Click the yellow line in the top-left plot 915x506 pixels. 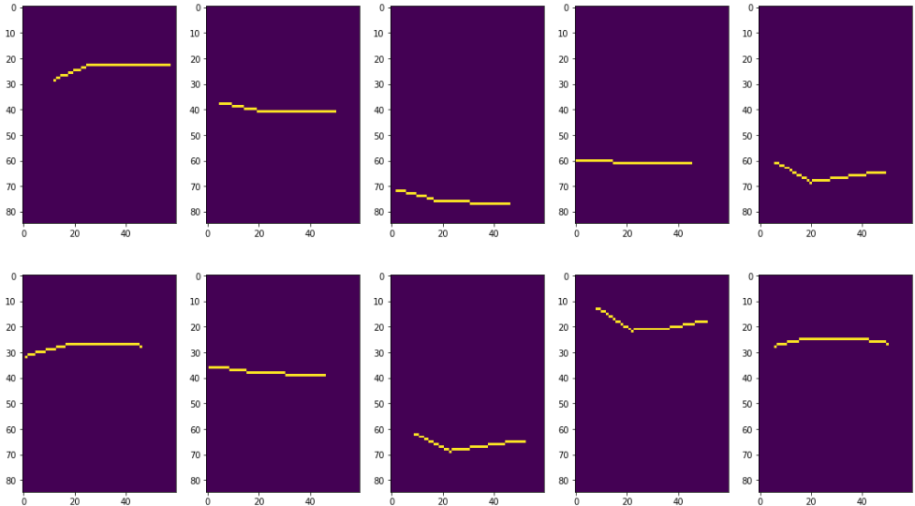point(131,65)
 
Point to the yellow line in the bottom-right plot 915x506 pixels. point(834,338)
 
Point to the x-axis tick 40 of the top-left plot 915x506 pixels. point(125,233)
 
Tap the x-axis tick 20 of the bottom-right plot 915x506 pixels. point(811,501)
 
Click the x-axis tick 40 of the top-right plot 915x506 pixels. point(862,233)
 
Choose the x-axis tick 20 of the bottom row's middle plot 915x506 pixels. point(443,501)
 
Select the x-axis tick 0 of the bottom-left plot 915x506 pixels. point(23,501)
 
